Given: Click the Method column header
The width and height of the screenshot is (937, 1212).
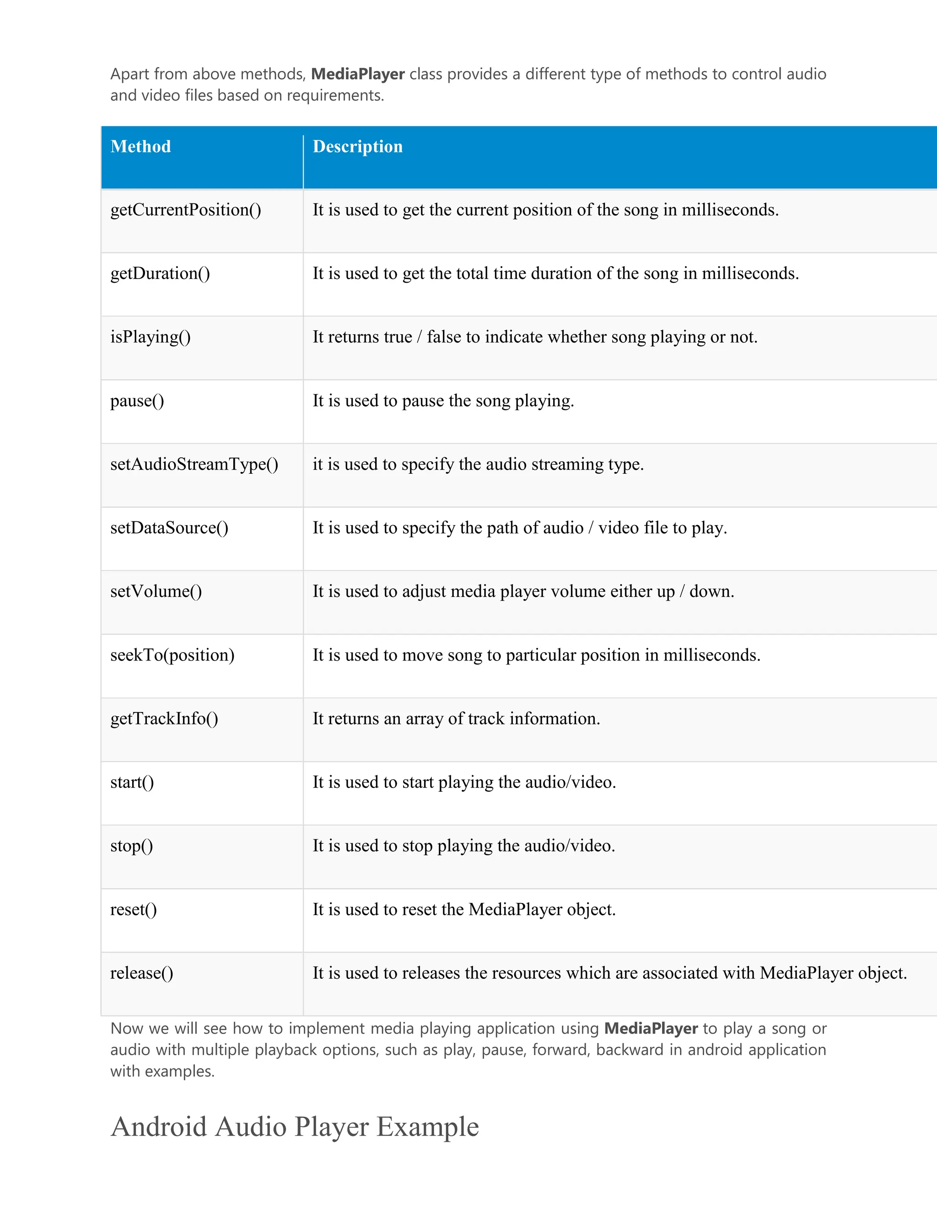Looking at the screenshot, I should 140,146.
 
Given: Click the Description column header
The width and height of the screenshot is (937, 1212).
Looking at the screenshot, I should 357,146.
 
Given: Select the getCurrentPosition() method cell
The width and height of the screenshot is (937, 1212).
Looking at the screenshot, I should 185,210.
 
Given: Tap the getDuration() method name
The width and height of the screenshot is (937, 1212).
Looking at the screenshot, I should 160,274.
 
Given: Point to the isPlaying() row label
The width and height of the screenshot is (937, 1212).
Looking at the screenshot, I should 151,338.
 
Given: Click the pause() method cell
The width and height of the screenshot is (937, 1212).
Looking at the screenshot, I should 137,401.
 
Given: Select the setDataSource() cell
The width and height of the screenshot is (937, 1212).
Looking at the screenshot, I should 169,528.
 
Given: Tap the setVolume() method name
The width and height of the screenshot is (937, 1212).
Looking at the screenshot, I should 156,591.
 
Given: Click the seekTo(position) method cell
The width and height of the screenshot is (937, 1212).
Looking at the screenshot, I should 172,655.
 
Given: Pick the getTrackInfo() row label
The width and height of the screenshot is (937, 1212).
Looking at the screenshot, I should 164,719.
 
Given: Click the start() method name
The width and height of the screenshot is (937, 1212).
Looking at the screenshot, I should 132,783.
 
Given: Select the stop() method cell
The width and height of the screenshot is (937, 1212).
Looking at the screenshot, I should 132,846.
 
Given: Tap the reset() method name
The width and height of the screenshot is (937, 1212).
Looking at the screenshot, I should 133,910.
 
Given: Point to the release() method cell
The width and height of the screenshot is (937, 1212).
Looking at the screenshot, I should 141,973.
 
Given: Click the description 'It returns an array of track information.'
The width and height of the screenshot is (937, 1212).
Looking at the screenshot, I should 456,719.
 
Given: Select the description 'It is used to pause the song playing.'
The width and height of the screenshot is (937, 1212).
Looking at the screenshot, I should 443,401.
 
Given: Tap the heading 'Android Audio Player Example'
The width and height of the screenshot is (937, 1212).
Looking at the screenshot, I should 294,1127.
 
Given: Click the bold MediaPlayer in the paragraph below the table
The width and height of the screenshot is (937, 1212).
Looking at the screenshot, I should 651,1028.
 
